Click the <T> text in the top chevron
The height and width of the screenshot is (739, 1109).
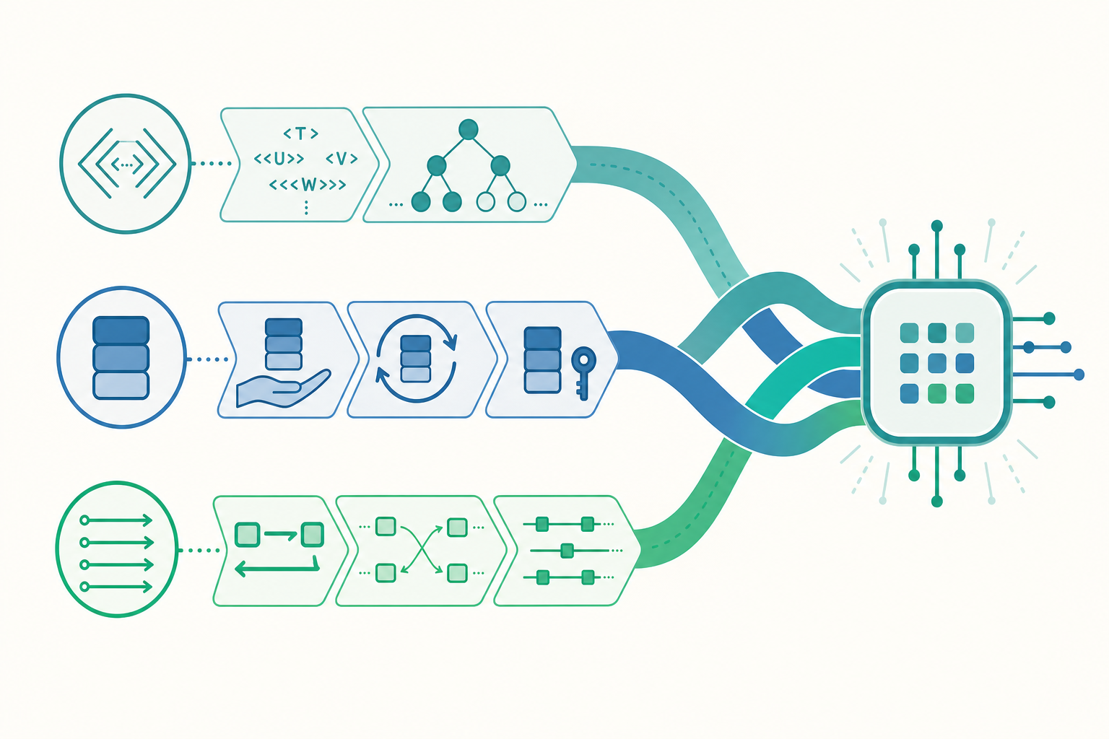(x=301, y=133)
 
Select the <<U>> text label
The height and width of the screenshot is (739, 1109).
(x=279, y=158)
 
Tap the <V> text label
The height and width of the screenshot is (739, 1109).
(x=342, y=158)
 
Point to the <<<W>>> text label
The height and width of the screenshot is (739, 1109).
(x=308, y=185)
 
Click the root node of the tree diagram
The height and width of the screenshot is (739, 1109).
(x=469, y=130)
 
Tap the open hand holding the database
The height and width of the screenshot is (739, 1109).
(x=282, y=388)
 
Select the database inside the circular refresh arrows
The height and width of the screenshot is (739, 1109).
(x=416, y=359)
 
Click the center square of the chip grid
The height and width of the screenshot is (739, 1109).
(x=936, y=363)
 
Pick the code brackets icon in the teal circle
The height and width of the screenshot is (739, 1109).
(x=127, y=163)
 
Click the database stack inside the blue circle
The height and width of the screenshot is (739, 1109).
(x=121, y=357)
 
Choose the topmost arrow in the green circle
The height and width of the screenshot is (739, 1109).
(x=116, y=520)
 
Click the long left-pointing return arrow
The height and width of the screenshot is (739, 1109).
(x=277, y=568)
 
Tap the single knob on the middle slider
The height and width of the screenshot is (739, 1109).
(x=567, y=551)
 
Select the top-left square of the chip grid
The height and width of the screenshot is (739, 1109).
(x=909, y=333)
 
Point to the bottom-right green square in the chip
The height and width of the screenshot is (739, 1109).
(x=965, y=394)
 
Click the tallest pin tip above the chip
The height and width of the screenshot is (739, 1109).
(x=936, y=226)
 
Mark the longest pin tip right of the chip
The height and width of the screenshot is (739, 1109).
(x=1078, y=375)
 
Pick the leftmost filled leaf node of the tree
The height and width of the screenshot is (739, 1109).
(x=421, y=202)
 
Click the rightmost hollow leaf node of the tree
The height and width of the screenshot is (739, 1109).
(x=516, y=202)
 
